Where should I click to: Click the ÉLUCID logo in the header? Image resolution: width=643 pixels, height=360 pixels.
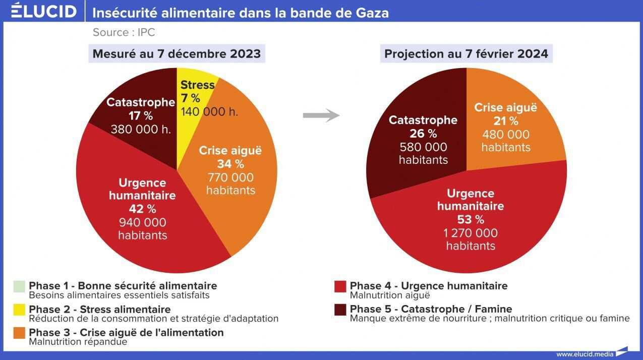(x=44, y=11)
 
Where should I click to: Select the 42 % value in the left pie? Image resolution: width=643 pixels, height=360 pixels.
(x=143, y=209)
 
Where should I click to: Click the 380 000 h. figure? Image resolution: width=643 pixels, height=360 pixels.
(x=141, y=129)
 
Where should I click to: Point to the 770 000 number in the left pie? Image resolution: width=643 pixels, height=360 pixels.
(x=230, y=177)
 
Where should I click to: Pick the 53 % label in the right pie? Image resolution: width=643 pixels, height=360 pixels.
(x=471, y=220)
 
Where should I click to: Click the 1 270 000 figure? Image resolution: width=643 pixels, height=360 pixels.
(x=471, y=233)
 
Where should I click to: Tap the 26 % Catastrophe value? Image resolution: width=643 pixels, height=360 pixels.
(x=423, y=134)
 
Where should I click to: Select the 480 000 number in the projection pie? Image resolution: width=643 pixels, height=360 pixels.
(x=506, y=135)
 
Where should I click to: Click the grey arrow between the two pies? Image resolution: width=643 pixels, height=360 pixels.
(x=321, y=115)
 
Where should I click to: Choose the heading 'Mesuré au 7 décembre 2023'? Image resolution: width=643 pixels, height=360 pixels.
(x=177, y=54)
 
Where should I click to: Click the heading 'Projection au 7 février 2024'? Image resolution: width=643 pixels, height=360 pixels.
(x=466, y=54)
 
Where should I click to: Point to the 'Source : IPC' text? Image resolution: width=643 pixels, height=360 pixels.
(x=124, y=32)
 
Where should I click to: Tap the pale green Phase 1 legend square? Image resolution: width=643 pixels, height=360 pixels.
(x=19, y=286)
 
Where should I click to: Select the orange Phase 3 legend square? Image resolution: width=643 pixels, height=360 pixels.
(x=19, y=333)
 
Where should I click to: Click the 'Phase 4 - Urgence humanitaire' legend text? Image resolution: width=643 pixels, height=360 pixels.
(x=429, y=286)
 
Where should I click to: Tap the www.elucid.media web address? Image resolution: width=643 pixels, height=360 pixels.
(x=585, y=354)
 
